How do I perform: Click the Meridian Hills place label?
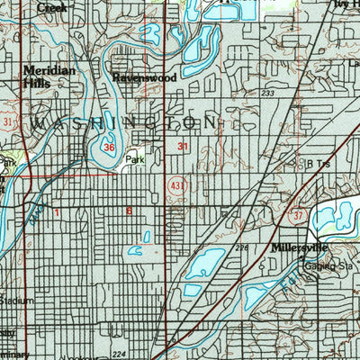coord(43,76)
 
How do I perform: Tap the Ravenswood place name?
coord(143,78)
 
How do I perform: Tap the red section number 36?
coord(109,147)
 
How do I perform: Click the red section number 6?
coord(129,211)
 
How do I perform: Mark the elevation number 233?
coord(267,93)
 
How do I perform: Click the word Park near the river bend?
coord(134,159)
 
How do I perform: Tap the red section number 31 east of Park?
coord(183,145)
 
